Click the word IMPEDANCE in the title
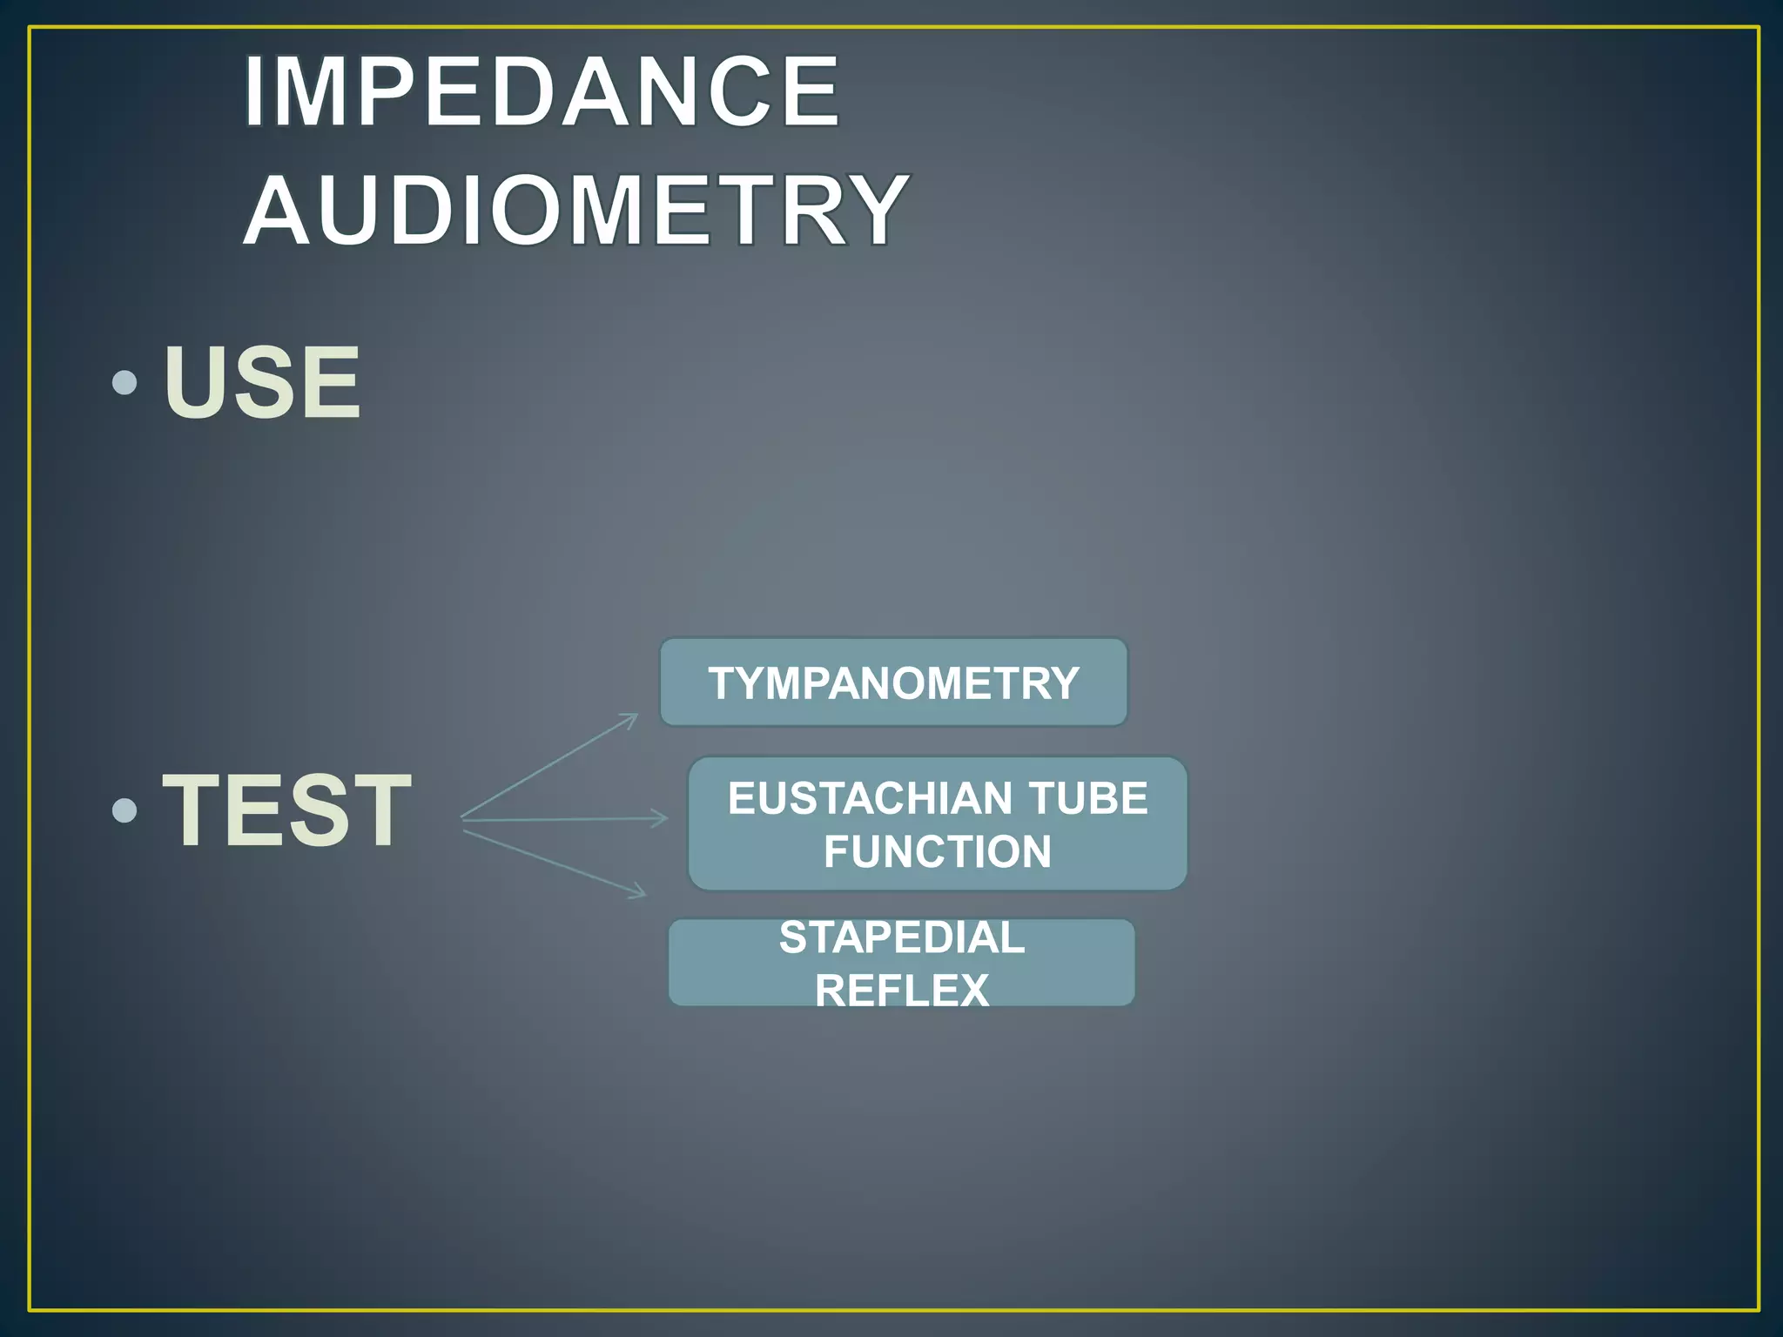pos(542,91)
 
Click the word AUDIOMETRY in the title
pos(575,210)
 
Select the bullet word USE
pos(261,382)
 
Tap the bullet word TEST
pos(286,810)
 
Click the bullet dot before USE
pos(125,382)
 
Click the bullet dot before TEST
pos(125,810)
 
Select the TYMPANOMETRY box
pos(893,682)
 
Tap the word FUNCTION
pos(938,851)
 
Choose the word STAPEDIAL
pos(902,937)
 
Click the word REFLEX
pos(902,991)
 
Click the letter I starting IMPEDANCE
pos(253,91)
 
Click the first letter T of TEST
pos(192,810)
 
